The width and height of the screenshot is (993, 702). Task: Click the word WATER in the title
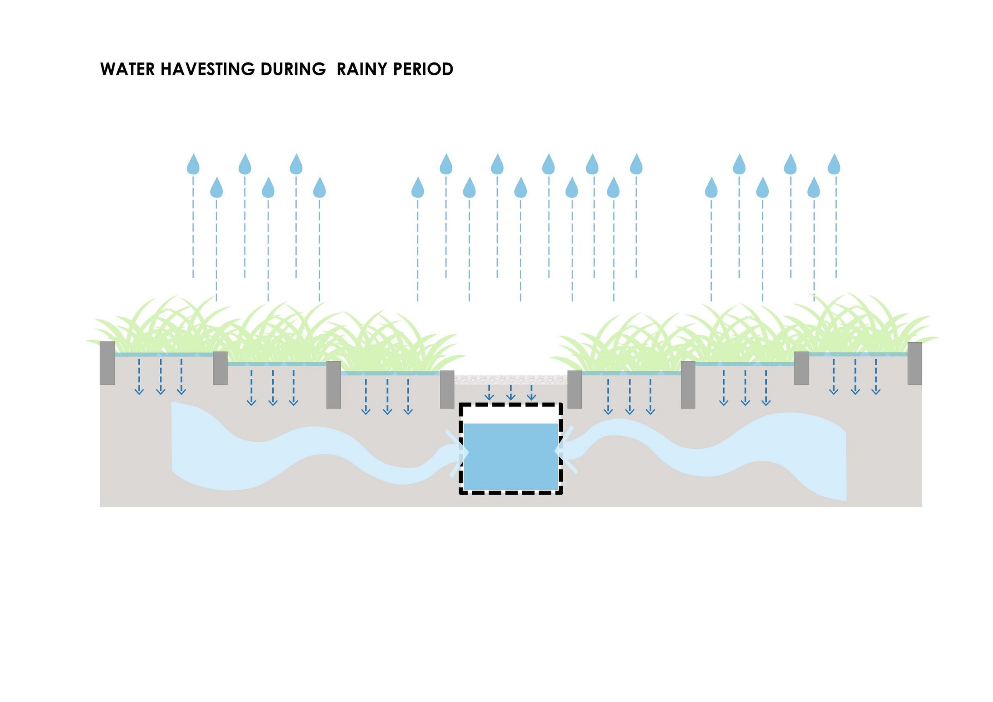[x=127, y=69]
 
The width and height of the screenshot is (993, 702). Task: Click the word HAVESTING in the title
[x=208, y=69]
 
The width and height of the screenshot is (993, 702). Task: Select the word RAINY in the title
[x=362, y=69]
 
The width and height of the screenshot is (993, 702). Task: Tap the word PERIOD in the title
[x=423, y=69]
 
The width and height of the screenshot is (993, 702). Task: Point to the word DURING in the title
[x=293, y=69]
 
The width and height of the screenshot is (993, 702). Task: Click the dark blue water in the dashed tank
[x=511, y=456]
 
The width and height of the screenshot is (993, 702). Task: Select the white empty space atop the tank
[x=511, y=415]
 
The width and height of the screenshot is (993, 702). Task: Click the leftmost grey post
[x=107, y=363]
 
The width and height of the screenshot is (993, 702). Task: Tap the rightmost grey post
[x=915, y=363]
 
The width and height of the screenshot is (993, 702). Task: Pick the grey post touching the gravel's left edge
[x=447, y=389]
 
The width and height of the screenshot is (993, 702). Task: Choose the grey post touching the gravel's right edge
[x=574, y=389]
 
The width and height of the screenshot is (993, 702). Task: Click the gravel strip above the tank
[x=511, y=380]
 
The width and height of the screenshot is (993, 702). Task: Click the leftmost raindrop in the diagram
[x=193, y=164]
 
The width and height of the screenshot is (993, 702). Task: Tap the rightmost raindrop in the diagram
[x=834, y=164]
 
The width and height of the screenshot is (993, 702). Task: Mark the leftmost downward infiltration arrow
[x=139, y=377]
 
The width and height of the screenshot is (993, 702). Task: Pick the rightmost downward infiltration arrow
[x=876, y=377]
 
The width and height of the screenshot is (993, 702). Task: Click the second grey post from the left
[x=220, y=368]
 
